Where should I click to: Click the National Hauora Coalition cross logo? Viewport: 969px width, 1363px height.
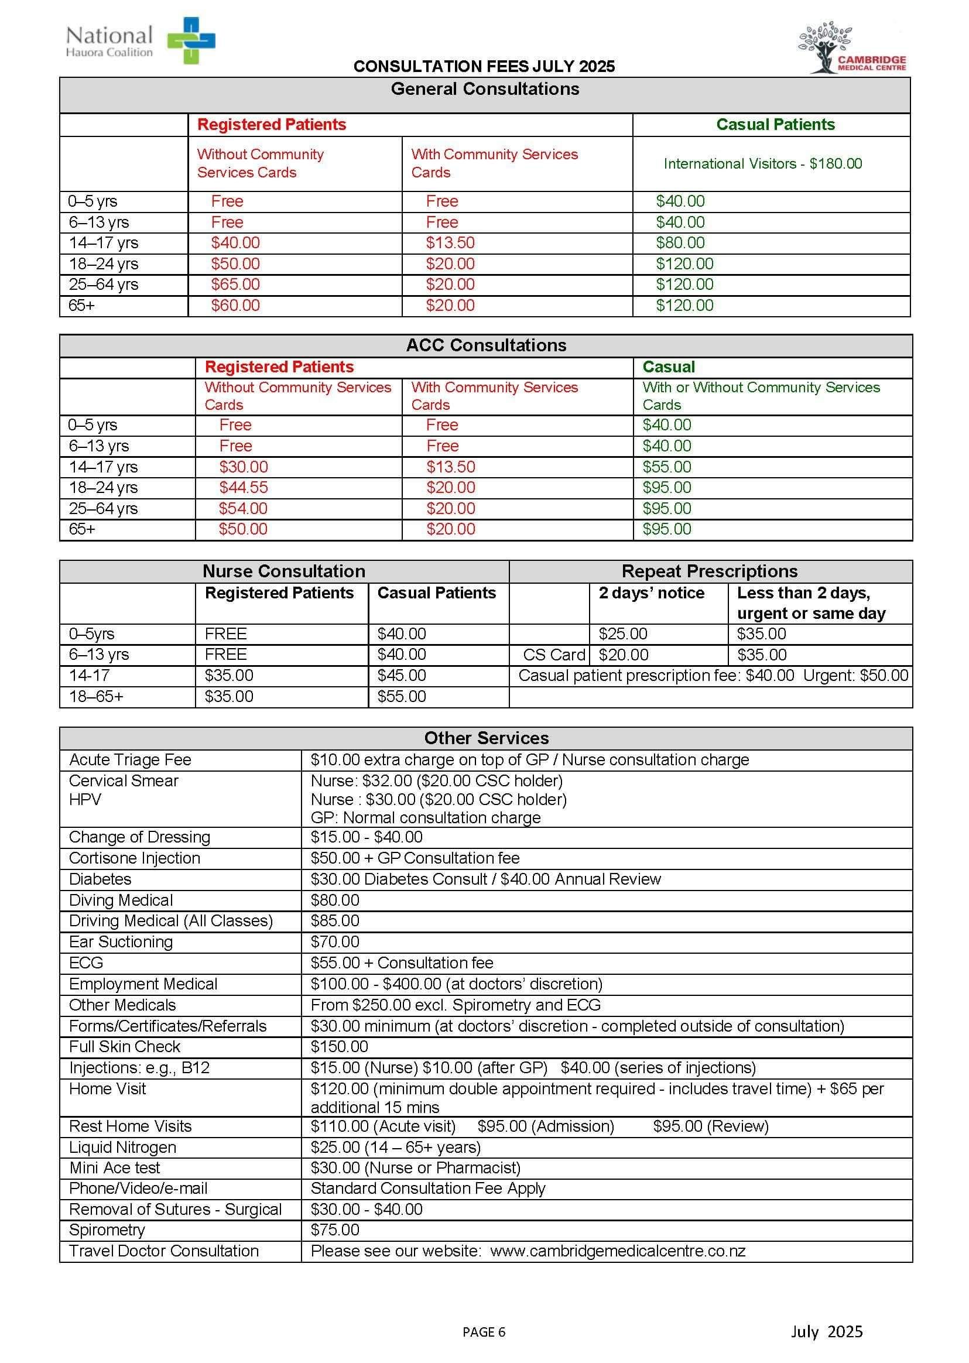[x=191, y=40]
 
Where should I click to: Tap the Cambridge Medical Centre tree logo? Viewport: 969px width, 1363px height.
[x=826, y=46]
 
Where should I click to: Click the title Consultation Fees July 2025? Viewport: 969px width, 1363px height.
[x=484, y=66]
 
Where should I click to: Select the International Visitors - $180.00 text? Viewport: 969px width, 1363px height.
[x=762, y=163]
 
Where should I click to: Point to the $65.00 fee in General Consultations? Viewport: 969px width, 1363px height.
[x=235, y=284]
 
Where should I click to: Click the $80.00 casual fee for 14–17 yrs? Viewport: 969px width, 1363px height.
[x=680, y=243]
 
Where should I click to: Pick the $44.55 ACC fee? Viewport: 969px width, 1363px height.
[x=244, y=487]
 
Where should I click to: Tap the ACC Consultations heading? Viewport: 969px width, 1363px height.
[x=486, y=345]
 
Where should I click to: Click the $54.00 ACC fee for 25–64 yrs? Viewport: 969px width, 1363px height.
[x=244, y=508]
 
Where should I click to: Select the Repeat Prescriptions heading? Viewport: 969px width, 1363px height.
[x=710, y=571]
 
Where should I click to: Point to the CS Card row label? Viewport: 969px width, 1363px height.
[x=554, y=655]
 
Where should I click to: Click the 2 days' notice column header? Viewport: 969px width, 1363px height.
[x=651, y=593]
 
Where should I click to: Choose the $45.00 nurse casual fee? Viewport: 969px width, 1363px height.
[x=402, y=675]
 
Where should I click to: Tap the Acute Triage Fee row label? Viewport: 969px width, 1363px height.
[x=130, y=759]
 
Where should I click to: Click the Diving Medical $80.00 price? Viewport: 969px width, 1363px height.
[x=335, y=899]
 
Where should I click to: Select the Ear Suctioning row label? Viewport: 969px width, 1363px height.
[x=121, y=941]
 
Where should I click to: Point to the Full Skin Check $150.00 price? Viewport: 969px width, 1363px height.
[x=339, y=1046]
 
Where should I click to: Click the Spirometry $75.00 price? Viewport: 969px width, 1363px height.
[x=335, y=1230]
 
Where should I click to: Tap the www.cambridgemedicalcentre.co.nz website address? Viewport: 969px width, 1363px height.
[x=618, y=1251]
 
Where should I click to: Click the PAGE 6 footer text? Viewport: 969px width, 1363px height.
[x=484, y=1332]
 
